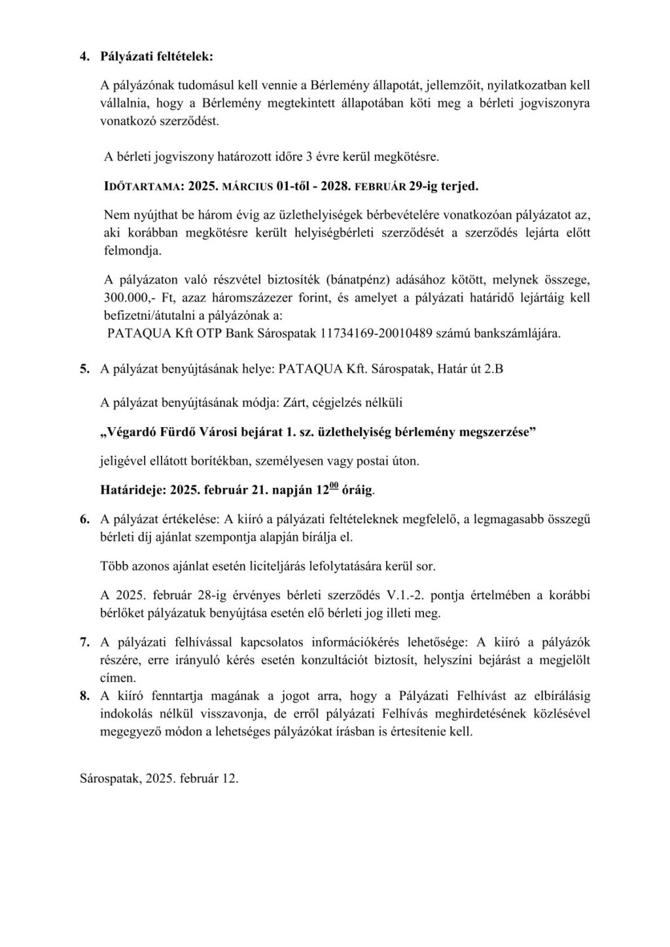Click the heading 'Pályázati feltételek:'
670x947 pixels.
(x=156, y=57)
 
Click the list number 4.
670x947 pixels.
(x=84, y=57)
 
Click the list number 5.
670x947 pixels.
(x=84, y=369)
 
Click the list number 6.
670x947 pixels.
(x=84, y=520)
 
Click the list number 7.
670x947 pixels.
(x=84, y=643)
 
